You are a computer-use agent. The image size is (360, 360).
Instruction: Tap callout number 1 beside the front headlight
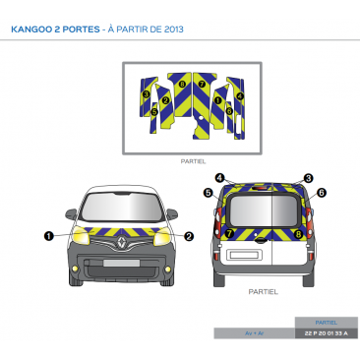tap(48, 235)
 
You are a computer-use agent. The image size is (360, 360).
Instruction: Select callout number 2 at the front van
tap(189, 235)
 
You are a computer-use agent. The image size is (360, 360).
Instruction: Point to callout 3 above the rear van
tap(308, 178)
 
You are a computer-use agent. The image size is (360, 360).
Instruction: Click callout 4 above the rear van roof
tap(220, 178)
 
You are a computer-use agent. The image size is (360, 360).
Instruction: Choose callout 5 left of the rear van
tap(209, 194)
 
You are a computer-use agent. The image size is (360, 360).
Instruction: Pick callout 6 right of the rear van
tap(321, 193)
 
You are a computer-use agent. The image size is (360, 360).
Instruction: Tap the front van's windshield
tap(118, 209)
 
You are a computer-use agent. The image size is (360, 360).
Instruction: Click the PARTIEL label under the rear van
tap(263, 291)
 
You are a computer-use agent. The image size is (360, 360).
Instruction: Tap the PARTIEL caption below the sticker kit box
tap(193, 160)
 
